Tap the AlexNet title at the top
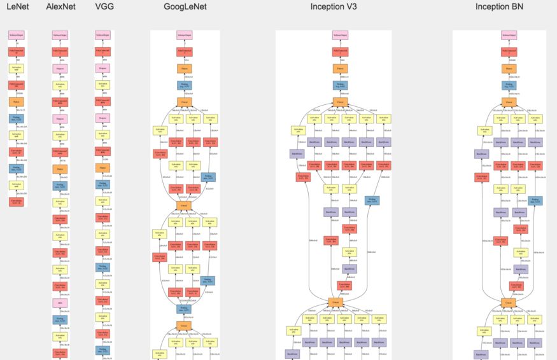click(60, 7)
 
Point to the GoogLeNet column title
click(185, 7)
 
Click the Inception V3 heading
click(333, 7)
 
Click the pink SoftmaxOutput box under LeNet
click(17, 35)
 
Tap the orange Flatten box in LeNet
click(17, 100)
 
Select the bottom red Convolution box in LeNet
click(17, 201)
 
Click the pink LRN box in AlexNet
click(60, 303)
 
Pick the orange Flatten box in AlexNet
click(60, 169)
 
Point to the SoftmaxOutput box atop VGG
click(102, 35)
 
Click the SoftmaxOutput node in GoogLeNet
click(185, 35)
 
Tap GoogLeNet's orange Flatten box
click(185, 68)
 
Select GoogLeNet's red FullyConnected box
click(185, 52)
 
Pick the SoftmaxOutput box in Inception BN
click(508, 35)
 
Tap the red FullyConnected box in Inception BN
click(508, 52)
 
